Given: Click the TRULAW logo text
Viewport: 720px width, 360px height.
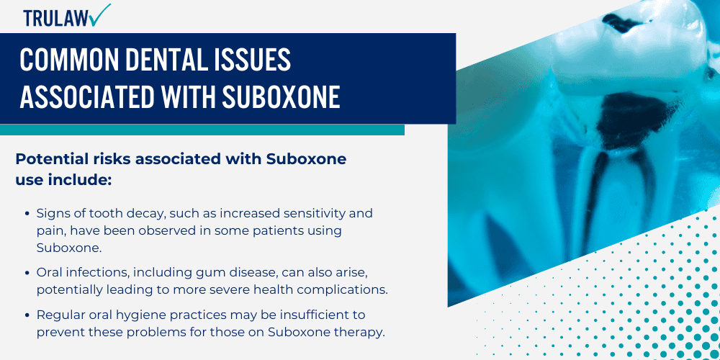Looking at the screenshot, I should click(54, 18).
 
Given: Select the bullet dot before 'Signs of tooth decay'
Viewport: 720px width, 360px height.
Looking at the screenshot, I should click(27, 214).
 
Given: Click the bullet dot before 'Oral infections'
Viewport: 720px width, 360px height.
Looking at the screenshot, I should click(27, 272).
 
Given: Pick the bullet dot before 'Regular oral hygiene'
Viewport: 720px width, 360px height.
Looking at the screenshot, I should click(27, 315).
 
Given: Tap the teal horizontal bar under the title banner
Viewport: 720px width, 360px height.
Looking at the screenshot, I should click(202, 130).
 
